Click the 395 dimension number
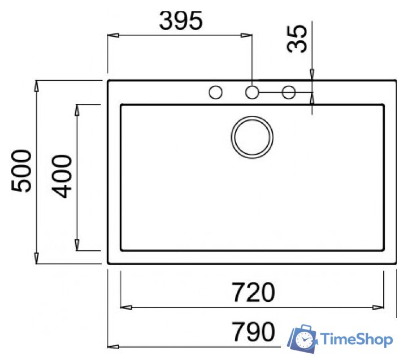pos(181,20)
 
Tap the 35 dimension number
pos(297,39)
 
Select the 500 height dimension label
pos(21,171)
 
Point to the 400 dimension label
pos(62,176)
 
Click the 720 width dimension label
pos(253,292)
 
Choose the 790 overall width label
pos(253,331)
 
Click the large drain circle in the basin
pos(252,137)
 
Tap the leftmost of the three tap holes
pos(216,92)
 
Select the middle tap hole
pos(252,92)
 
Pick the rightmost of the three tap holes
pos(289,92)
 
